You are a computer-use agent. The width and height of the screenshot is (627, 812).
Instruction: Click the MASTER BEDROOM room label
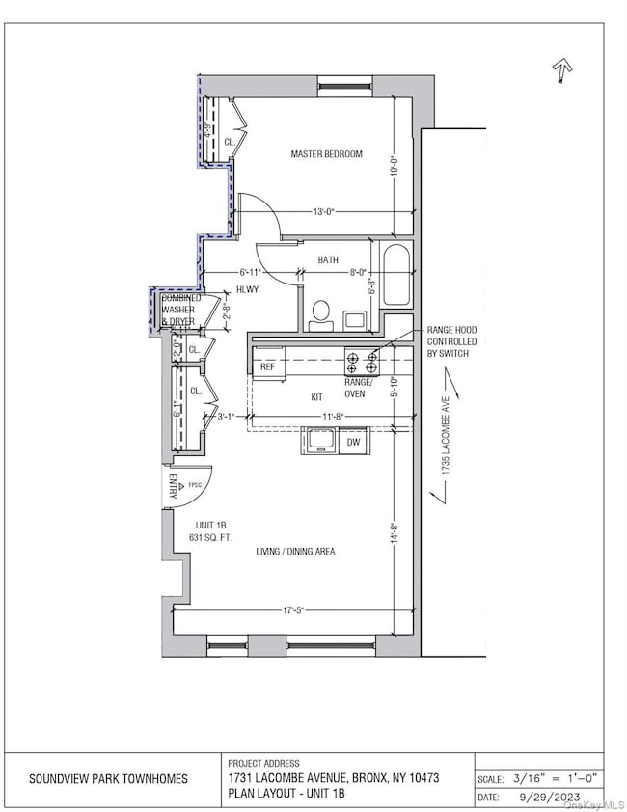(327, 154)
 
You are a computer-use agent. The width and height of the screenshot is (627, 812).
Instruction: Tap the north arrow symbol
(561, 68)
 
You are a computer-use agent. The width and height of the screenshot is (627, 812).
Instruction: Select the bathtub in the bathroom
(396, 276)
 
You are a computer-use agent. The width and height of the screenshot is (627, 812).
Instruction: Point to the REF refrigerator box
(267, 366)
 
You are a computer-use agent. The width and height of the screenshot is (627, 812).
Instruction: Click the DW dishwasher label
(354, 443)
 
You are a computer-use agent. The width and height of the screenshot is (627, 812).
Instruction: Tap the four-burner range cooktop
(363, 362)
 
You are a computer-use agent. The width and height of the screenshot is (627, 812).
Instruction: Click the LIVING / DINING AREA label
(295, 551)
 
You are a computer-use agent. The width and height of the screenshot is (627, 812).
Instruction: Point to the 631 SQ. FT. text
(207, 536)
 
